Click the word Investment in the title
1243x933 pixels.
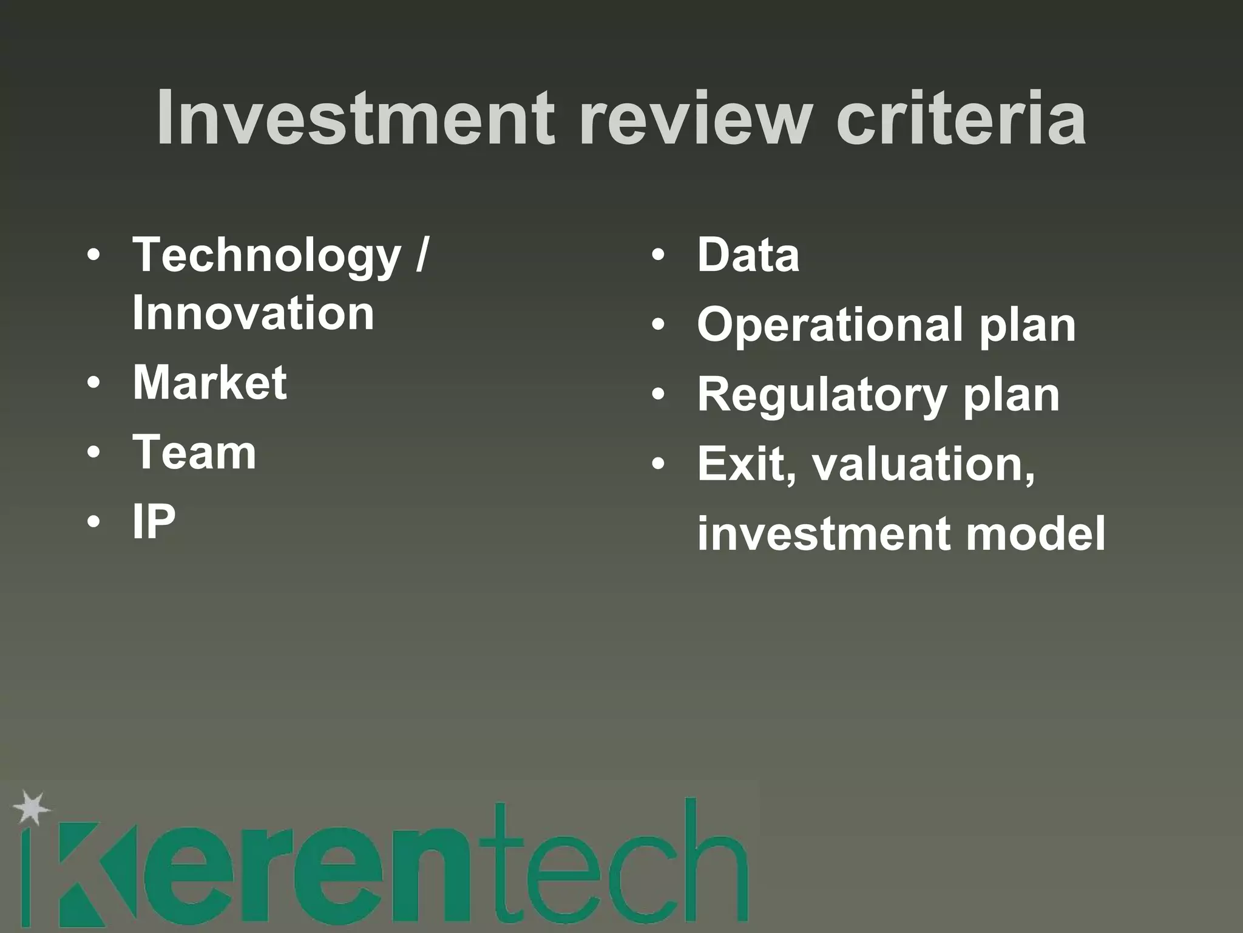click(355, 118)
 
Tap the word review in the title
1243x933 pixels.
click(695, 118)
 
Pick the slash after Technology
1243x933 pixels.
click(422, 255)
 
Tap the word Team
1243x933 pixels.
click(194, 453)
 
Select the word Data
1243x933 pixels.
click(748, 255)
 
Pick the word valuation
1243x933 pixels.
click(923, 465)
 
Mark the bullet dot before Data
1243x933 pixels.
click(658, 255)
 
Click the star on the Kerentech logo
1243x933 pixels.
click(32, 808)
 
